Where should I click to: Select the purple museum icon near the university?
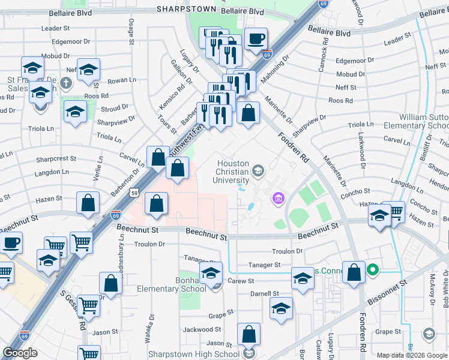point(278,197)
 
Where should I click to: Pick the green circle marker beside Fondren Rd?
point(373,270)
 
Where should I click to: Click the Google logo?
point(20,353)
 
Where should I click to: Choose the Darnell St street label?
point(265,294)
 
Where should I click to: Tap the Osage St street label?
point(130,31)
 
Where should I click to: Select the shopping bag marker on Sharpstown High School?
point(249,335)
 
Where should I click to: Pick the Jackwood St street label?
point(202,329)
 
